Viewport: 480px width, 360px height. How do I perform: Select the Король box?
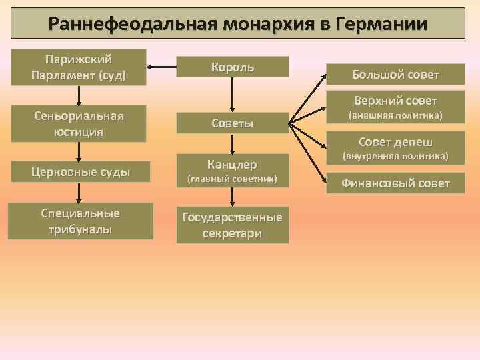pyautogui.click(x=232, y=67)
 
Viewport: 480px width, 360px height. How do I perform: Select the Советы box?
pyautogui.click(x=232, y=123)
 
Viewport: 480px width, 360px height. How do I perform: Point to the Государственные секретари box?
pyautogui.click(x=232, y=225)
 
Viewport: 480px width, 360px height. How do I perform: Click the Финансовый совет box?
pyautogui.click(x=395, y=183)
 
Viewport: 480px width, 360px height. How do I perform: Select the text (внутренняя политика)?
pyautogui.click(x=395, y=157)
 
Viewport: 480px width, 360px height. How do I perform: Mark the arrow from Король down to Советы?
pyautogui.click(x=232, y=94)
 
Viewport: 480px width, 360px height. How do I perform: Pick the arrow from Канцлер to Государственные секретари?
pyautogui.click(x=232, y=197)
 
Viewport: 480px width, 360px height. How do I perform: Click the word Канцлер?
pyautogui.click(x=232, y=164)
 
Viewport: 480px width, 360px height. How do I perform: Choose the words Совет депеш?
pyautogui.click(x=395, y=142)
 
